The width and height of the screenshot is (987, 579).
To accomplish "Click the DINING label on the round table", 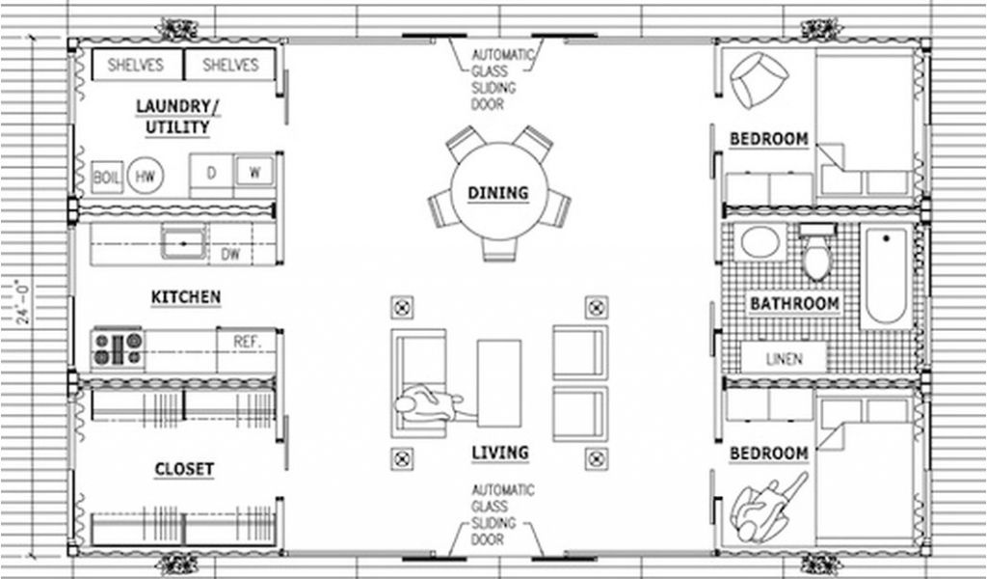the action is (x=498, y=193).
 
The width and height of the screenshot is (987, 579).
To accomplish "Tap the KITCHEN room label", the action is (x=186, y=297).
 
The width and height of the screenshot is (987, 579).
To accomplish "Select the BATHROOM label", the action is (x=794, y=304).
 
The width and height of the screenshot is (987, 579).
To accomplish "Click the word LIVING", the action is (x=500, y=453).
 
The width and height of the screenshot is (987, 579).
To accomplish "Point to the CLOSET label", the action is (x=184, y=469).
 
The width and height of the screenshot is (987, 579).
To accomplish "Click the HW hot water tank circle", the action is (x=146, y=176).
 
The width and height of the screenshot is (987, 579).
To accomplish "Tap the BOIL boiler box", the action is (x=107, y=177).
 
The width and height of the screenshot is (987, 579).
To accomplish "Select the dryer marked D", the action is (x=211, y=173).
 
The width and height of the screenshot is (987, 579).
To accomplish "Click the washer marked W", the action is (x=254, y=172).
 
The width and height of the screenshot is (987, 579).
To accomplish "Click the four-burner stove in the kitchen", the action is (x=117, y=349).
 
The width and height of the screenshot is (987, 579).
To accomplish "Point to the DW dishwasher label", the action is (x=230, y=254).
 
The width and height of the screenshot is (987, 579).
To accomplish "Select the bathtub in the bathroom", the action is (x=887, y=277).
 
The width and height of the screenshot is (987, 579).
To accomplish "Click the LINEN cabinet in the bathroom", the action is (x=784, y=358).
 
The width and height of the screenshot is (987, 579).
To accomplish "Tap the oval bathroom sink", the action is (x=760, y=242).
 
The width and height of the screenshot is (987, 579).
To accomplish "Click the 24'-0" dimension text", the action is (x=23, y=302).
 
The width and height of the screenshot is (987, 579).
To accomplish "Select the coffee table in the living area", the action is (x=499, y=383).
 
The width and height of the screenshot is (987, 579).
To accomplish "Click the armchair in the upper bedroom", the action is (x=759, y=79).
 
